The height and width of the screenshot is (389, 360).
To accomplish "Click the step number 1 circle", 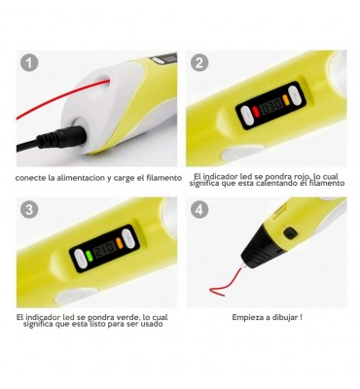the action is pyautogui.click(x=29, y=62).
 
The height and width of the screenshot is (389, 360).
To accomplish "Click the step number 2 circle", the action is pyautogui.click(x=199, y=62).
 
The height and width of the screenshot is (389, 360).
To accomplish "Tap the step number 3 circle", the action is pyautogui.click(x=29, y=209).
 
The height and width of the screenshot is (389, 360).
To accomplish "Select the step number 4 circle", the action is pyautogui.click(x=199, y=209).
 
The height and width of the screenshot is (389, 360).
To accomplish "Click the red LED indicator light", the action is pyautogui.click(x=255, y=112).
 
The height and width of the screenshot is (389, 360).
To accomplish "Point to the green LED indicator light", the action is pyautogui.click(x=90, y=255).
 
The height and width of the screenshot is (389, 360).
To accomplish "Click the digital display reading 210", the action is pyautogui.click(x=104, y=249).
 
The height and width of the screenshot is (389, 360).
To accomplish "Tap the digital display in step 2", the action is pyautogui.click(x=270, y=106).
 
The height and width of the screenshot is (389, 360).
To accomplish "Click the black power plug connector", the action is pyautogui.click(x=61, y=139).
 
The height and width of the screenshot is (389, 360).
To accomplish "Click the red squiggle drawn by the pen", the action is pyautogui.click(x=226, y=283).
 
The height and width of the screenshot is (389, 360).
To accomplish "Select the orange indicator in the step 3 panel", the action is pyautogui.click(x=120, y=243).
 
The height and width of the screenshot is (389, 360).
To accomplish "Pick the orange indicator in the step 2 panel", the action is pyautogui.click(x=286, y=100).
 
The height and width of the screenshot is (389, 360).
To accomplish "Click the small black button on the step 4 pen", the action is pyautogui.click(x=289, y=232).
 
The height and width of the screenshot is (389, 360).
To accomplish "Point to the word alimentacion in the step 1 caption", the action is pyautogui.click(x=81, y=178).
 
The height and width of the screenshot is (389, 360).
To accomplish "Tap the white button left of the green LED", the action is pyautogui.click(x=81, y=259).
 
